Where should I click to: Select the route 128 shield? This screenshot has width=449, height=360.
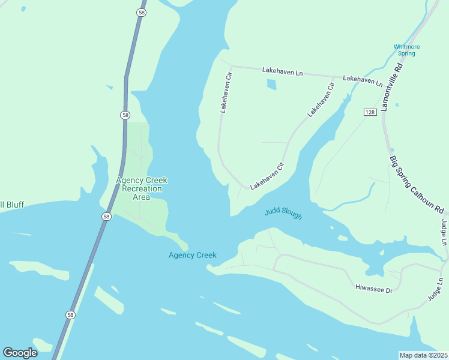click(x=370, y=112)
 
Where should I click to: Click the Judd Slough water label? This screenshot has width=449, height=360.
click(x=283, y=213)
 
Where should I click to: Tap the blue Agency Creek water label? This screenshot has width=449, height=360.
click(x=192, y=255)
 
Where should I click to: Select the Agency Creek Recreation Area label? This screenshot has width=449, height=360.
click(x=141, y=188)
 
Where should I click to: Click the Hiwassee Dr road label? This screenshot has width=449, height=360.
click(x=373, y=290)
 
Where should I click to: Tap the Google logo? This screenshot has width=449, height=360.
click(x=20, y=353)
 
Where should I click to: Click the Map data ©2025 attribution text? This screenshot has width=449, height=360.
click(x=423, y=355)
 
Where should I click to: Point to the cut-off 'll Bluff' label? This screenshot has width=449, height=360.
click(x=12, y=205)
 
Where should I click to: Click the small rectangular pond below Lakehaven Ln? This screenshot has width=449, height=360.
click(x=271, y=85)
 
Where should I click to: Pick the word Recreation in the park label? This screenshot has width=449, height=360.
click(x=141, y=188)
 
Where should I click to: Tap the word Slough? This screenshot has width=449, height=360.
click(x=291, y=215)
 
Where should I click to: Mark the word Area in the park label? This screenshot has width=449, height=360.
click(x=141, y=197)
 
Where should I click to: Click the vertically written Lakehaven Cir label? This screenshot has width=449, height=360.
click(x=225, y=93)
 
